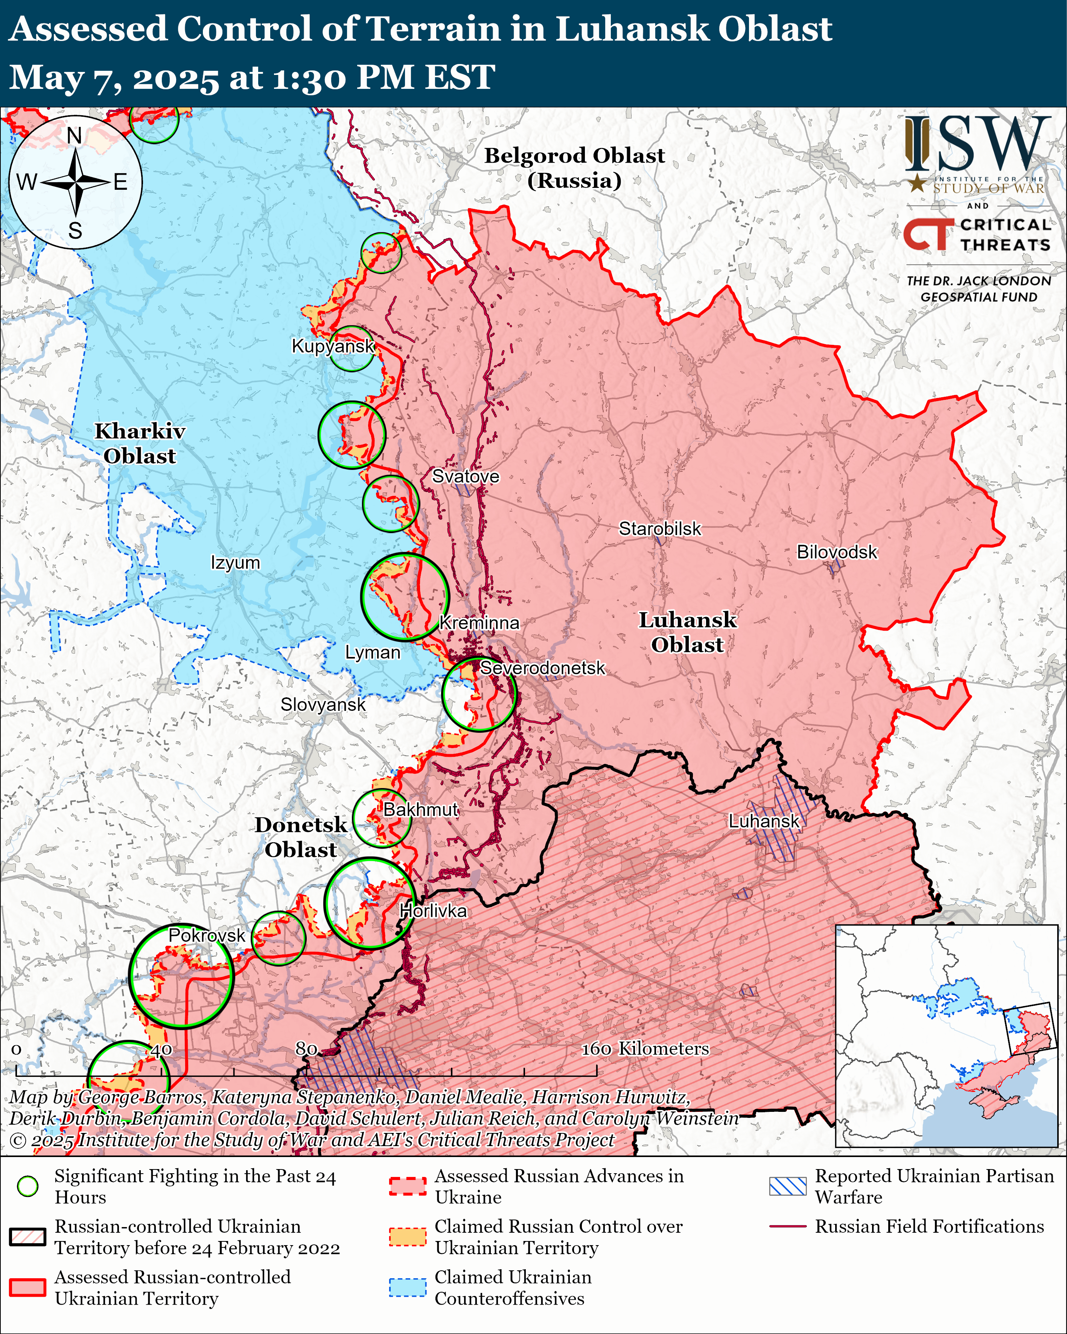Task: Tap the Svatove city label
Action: [465, 476]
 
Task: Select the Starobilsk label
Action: [660, 529]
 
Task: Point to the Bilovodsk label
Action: [836, 552]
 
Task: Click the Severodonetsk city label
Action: [542, 668]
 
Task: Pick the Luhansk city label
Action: [764, 821]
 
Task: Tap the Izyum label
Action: [235, 563]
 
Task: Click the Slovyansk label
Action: [323, 705]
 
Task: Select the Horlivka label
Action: [433, 911]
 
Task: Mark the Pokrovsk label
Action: [207, 936]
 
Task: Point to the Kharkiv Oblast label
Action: [140, 444]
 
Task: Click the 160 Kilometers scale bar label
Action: [645, 1049]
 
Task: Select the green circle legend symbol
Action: [28, 1186]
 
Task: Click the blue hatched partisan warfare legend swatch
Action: [787, 1186]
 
